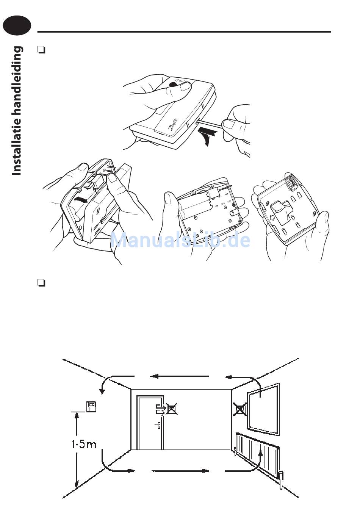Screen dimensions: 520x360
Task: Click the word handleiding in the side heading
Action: tap(17, 80)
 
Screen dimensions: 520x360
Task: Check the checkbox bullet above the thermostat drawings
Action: tap(42, 49)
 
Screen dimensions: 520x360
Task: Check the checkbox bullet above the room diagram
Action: tap(42, 283)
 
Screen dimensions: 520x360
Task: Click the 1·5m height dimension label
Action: tap(84, 443)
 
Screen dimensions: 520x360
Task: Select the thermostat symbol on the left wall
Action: tap(91, 406)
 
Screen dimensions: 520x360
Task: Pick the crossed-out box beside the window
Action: tap(239, 409)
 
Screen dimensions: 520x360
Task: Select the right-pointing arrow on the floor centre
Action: tap(180, 471)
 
